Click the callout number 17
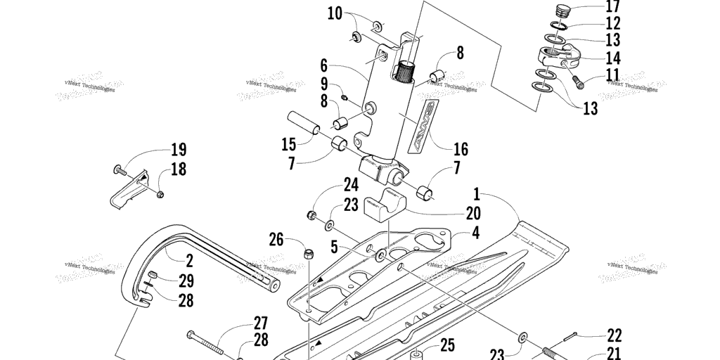tap(612, 8)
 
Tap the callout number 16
tap(461, 149)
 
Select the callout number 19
tap(178, 149)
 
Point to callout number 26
tap(277, 240)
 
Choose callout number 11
tap(612, 74)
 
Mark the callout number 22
tap(614, 335)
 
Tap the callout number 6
tap(323, 66)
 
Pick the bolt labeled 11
tap(578, 80)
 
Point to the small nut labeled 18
tap(161, 193)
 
